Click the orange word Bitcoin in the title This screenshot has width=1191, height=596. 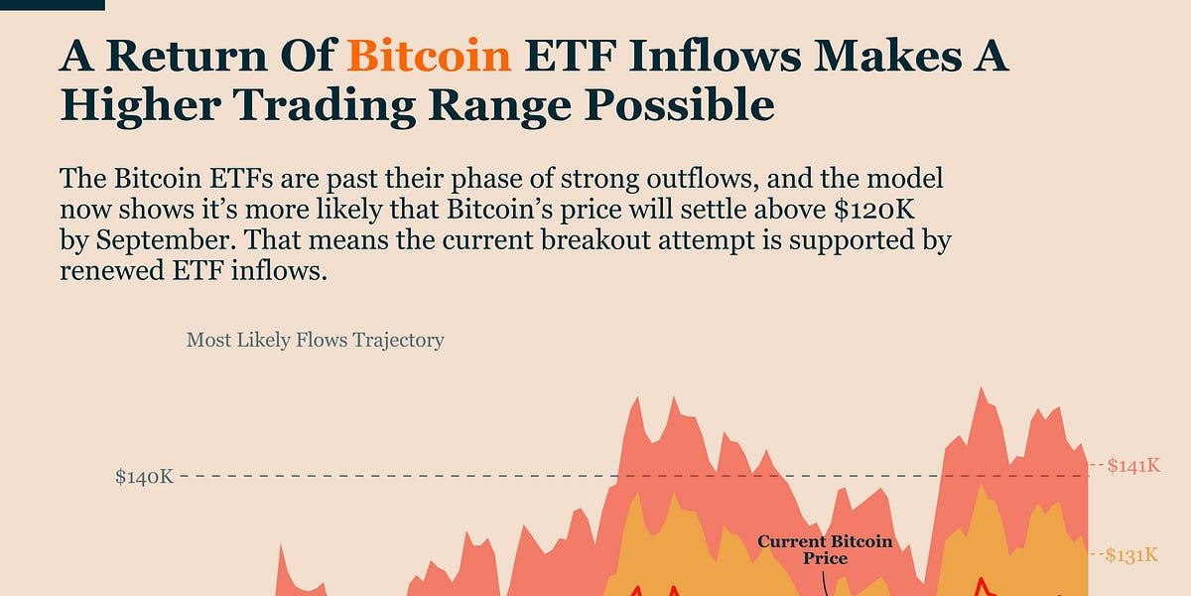430,58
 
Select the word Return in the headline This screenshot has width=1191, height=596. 195,58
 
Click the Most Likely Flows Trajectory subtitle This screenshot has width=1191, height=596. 315,340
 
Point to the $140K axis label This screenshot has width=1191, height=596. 144,477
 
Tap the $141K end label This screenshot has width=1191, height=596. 1132,465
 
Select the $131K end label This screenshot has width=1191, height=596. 1132,555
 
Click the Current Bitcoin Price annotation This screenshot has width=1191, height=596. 825,550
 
